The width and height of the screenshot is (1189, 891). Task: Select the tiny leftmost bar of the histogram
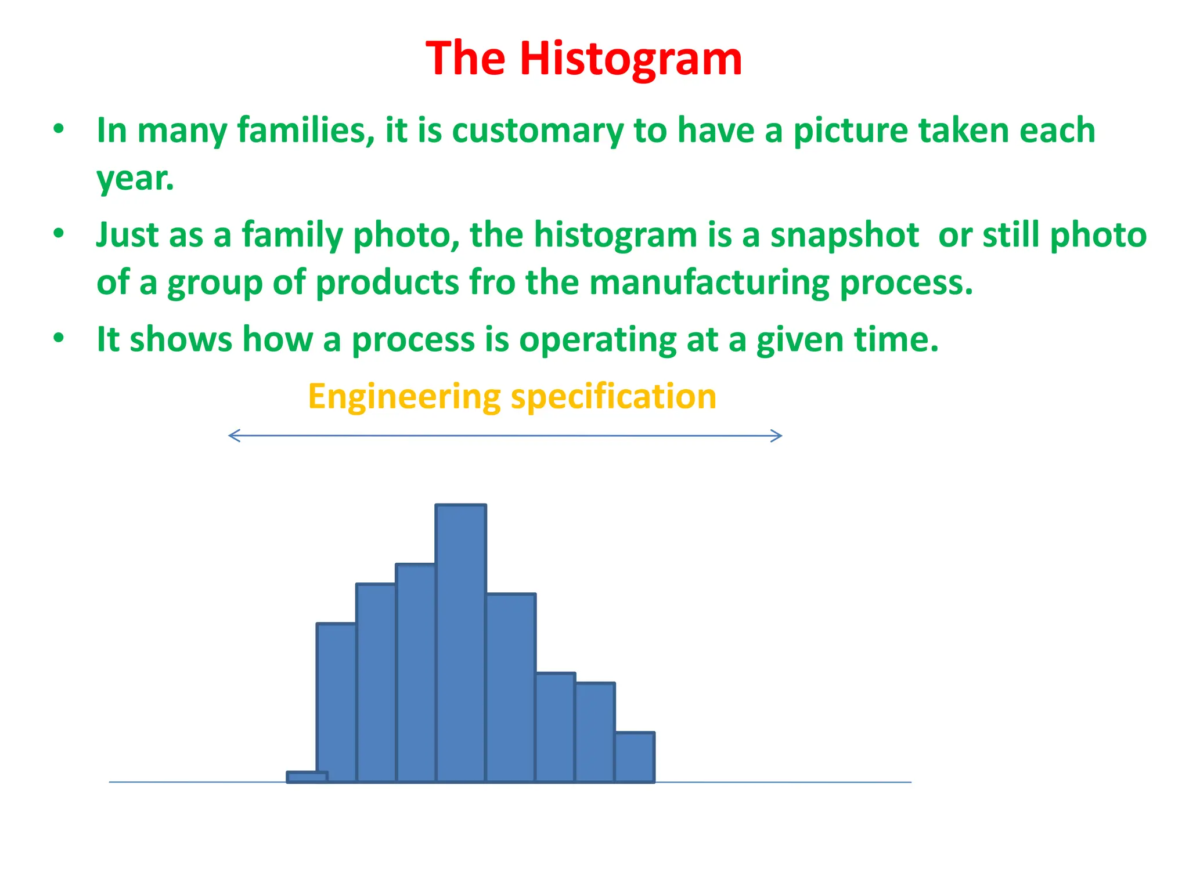[307, 777]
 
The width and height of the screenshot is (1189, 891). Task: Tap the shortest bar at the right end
[635, 757]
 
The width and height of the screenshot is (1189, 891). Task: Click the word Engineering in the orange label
[404, 397]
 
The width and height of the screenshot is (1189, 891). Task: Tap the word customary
[536, 131]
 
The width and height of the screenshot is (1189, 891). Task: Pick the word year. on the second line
[135, 178]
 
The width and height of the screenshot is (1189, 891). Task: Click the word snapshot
[844, 236]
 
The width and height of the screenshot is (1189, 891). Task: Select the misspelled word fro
[492, 282]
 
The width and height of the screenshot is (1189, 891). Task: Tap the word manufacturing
[709, 282]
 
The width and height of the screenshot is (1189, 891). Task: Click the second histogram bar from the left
[336, 702]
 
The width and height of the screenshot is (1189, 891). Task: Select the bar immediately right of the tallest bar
[511, 687]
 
